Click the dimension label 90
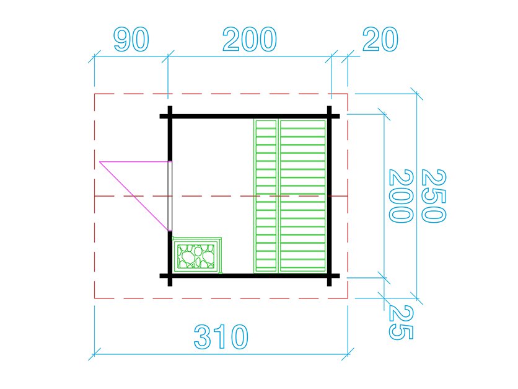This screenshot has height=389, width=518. coord(131,40)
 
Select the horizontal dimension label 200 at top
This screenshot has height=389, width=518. coord(249,40)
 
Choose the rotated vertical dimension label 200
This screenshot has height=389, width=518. coord(400,195)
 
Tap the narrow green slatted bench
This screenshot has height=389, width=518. coord(266,195)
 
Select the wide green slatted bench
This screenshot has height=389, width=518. coord(303,195)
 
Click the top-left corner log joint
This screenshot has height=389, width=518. coord(169,116)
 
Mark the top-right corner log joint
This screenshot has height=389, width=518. coord(330,116)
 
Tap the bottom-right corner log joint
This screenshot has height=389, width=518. coord(330,275)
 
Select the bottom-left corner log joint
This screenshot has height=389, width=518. coord(169,275)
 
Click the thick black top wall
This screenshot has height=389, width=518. coord(248,116)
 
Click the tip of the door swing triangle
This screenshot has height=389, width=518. coord(100,162)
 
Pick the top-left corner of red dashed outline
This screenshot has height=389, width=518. coord(94,94)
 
